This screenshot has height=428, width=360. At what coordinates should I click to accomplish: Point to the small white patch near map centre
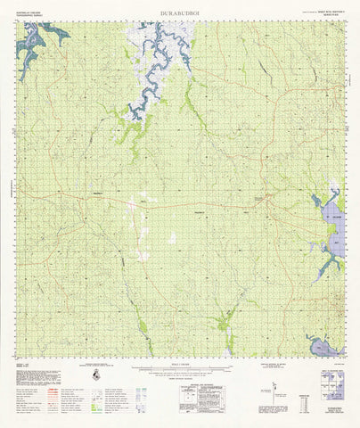(x=171, y=238)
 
